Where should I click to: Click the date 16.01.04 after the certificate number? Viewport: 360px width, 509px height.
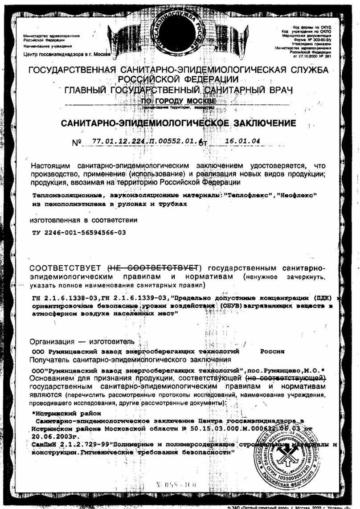pos(243,141)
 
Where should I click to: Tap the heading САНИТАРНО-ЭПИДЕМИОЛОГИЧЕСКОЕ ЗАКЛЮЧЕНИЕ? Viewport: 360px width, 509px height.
pos(178,123)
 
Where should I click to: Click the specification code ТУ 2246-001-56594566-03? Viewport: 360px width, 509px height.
pos(79,232)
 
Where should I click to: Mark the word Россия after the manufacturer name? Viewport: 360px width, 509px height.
pos(272,351)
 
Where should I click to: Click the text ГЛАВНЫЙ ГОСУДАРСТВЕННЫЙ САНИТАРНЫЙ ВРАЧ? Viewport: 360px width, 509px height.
pos(179,90)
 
